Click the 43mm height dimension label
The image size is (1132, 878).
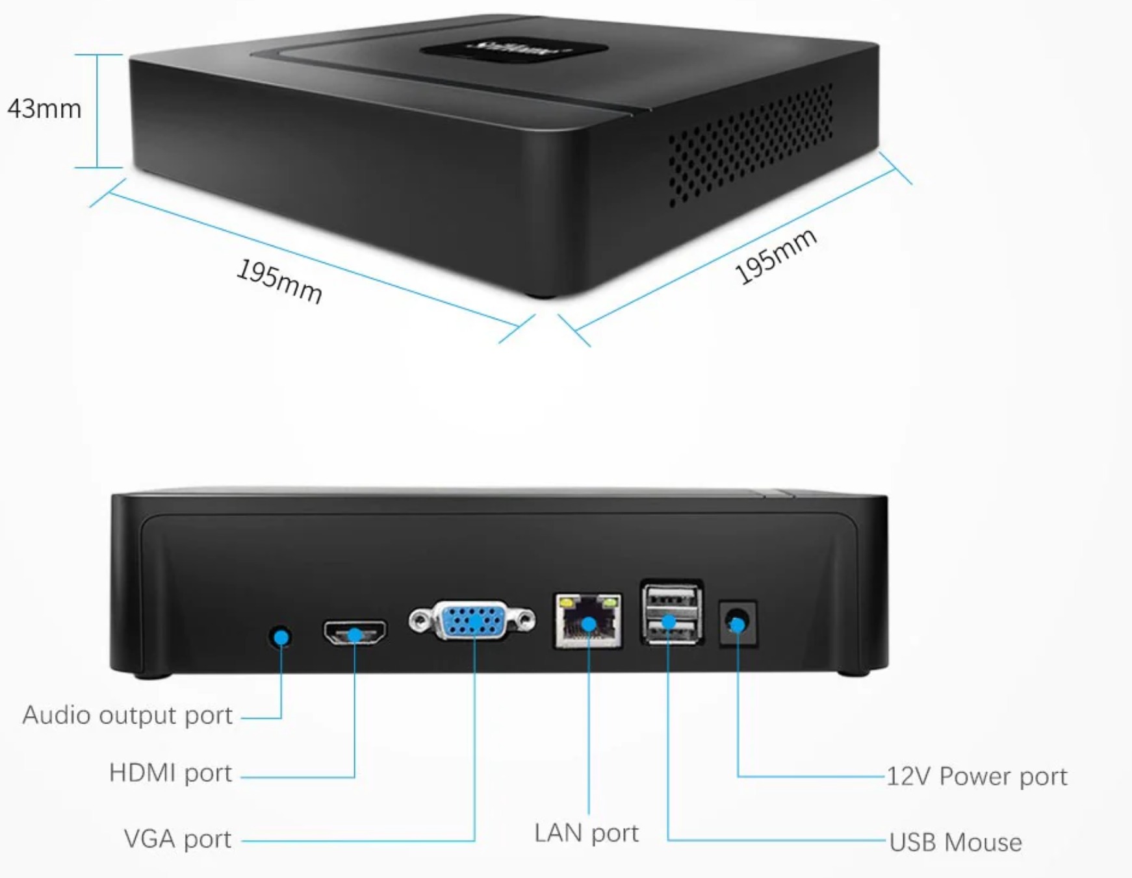point(44,109)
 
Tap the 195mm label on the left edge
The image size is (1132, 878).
point(279,281)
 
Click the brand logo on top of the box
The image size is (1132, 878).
point(513,49)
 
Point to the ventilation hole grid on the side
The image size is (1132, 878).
point(751,145)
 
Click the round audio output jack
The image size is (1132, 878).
point(281,636)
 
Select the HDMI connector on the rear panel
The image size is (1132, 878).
point(355,633)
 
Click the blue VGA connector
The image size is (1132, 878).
point(472,620)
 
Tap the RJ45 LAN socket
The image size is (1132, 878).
point(588,621)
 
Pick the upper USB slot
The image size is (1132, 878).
point(672,597)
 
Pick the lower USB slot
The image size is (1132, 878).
point(672,627)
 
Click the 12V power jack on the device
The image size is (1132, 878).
point(738,623)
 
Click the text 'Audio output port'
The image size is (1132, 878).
point(127,715)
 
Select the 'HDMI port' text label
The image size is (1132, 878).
point(170,773)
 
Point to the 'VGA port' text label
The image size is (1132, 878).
point(177,839)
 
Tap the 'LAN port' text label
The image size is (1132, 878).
point(586,833)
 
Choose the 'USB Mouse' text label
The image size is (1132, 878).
point(955,842)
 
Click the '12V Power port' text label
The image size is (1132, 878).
point(977,776)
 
